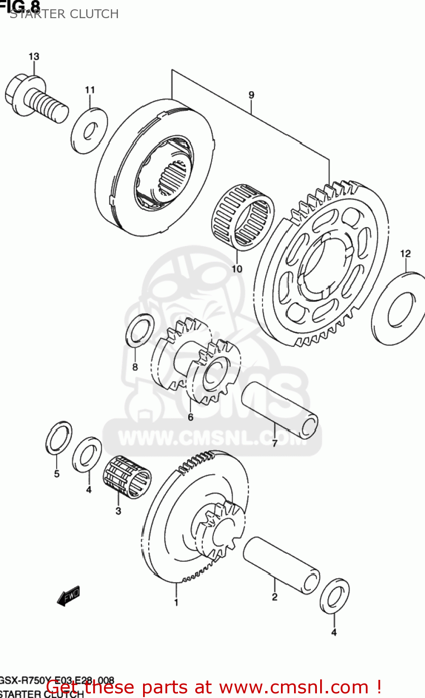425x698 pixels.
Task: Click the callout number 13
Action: pos(34,56)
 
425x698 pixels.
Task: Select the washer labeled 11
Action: pos(89,130)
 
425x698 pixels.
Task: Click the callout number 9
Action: pos(251,95)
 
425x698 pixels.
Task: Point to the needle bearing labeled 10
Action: pos(243,217)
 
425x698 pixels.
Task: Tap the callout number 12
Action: pos(405,254)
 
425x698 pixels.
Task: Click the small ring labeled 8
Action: pos(140,331)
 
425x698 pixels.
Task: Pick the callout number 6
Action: pos(190,417)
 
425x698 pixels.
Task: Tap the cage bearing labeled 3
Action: pos(127,477)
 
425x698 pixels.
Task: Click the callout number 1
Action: pos(176,603)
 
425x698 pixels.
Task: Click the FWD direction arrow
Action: pos(68,596)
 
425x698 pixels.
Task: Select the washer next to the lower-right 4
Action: pos(335,596)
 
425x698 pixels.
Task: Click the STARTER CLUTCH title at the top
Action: pos(64,14)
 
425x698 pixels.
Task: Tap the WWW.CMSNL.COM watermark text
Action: pos(212,438)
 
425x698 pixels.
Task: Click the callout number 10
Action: pos(237,269)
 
